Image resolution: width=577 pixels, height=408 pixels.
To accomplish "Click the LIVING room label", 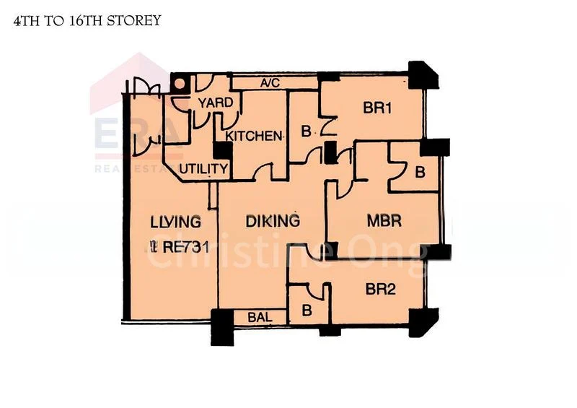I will [x=176, y=222].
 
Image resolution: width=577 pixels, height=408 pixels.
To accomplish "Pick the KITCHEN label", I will [x=253, y=135].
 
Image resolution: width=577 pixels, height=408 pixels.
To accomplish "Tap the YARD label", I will [x=216, y=103].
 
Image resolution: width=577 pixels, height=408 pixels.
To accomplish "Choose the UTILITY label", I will [x=203, y=169].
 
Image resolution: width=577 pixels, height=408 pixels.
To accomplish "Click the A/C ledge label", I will [x=270, y=83].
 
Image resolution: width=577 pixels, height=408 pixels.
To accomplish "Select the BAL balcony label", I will [x=259, y=316].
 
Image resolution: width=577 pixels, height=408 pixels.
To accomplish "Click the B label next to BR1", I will [x=305, y=132].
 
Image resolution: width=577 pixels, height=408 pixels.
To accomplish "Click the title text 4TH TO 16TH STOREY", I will [x=87, y=21].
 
